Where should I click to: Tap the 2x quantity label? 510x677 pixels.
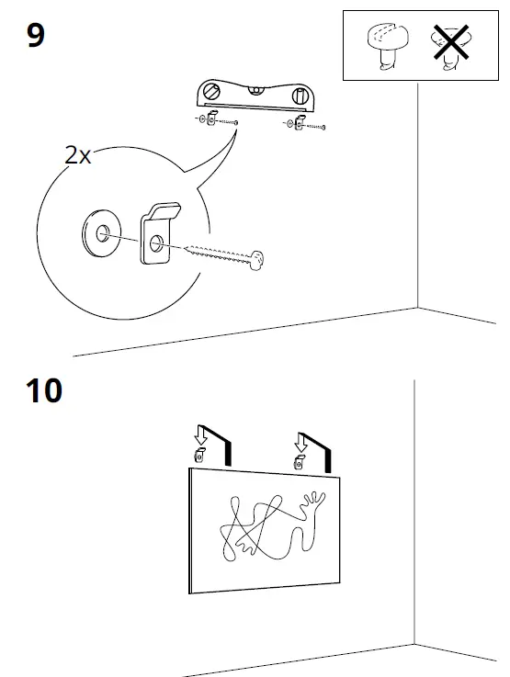(x=78, y=154)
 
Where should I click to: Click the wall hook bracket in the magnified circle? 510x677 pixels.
(x=157, y=234)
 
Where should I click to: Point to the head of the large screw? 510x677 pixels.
(x=259, y=260)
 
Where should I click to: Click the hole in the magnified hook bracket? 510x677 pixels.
(x=155, y=244)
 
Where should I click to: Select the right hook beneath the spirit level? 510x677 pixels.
(x=296, y=123)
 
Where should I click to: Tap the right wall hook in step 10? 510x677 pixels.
(x=299, y=461)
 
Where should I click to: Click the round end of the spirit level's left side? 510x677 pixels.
(x=212, y=92)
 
